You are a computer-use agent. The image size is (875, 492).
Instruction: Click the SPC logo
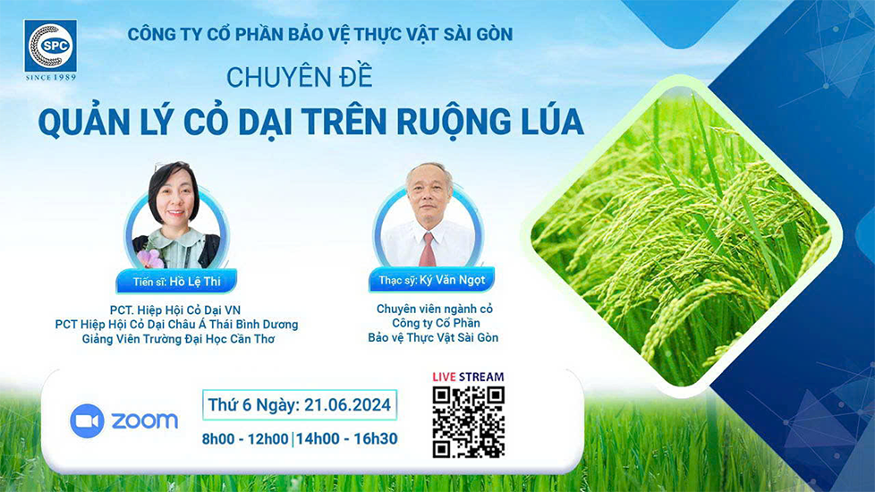pyautogui.click(x=50, y=46)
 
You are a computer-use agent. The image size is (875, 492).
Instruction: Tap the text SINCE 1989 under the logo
pyautogui.click(x=51, y=77)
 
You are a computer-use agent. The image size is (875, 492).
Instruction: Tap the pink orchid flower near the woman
pyautogui.click(x=149, y=259)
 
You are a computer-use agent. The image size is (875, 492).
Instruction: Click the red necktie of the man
pyautogui.click(x=428, y=250)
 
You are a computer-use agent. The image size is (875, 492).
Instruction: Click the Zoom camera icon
pyautogui.click(x=87, y=420)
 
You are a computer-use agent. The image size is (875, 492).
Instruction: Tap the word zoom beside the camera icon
pyautogui.click(x=145, y=420)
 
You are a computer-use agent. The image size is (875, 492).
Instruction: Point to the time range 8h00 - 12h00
pyautogui.click(x=245, y=439)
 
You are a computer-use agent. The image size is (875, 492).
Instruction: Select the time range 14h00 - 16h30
pyautogui.click(x=346, y=439)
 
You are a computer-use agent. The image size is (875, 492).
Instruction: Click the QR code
pyautogui.click(x=469, y=422)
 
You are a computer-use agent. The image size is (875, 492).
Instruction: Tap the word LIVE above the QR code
pyautogui.click(x=444, y=377)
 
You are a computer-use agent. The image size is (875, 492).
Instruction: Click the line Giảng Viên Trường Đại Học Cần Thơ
pyautogui.click(x=178, y=339)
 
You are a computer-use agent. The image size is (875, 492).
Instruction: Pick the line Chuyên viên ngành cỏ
pyautogui.click(x=434, y=309)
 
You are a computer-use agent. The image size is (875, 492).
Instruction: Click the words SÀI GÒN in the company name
pyautogui.click(x=478, y=34)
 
